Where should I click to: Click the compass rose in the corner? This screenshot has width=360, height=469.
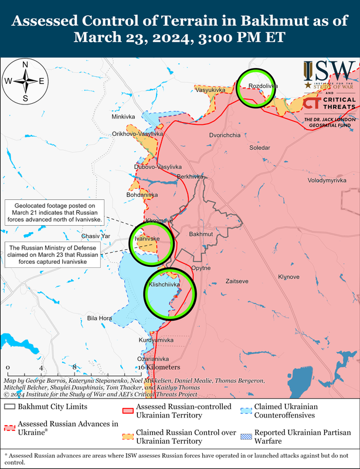[x=25, y=81]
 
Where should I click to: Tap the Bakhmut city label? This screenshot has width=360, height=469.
[x=201, y=235]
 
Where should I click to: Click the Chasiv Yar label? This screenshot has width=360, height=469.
[x=96, y=236]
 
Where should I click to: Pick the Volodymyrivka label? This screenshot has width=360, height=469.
[x=323, y=181]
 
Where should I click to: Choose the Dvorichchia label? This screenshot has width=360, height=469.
[x=225, y=135]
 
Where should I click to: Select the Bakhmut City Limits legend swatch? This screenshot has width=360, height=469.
[x=9, y=406]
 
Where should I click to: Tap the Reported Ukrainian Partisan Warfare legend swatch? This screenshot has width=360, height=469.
[x=244, y=436]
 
